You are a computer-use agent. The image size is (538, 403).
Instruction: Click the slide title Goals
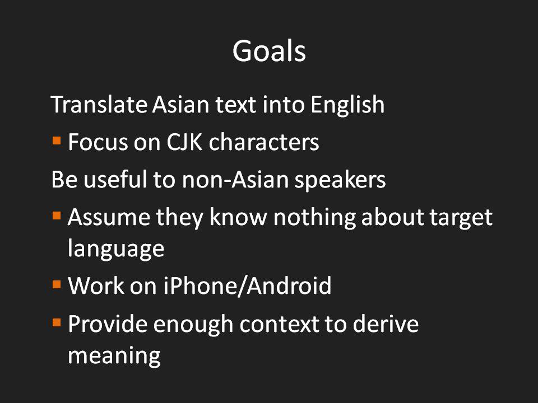coord(269,51)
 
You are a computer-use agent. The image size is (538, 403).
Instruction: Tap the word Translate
coord(99,104)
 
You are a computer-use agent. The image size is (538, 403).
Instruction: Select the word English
coord(347,105)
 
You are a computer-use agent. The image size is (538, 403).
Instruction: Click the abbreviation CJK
coord(184,142)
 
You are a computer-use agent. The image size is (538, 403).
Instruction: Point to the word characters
coord(264,142)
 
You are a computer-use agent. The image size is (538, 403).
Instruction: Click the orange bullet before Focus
coord(57,140)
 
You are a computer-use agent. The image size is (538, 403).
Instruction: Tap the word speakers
coord(340,181)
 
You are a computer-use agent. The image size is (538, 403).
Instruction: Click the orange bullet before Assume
coord(57,216)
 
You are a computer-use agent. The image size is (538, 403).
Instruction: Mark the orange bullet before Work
coord(57,284)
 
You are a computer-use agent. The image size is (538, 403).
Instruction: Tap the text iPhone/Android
coord(247,286)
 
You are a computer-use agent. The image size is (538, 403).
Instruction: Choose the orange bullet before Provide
coord(57,322)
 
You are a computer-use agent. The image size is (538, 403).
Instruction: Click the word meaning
coord(114,357)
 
